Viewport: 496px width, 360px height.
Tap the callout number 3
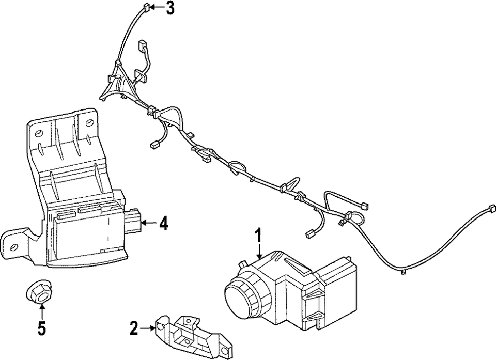(170, 8)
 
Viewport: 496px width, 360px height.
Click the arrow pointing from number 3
(157, 8)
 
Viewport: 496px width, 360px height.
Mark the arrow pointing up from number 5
(41, 311)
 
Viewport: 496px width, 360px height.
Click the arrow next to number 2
(148, 326)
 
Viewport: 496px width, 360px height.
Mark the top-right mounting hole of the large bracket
(89, 123)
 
